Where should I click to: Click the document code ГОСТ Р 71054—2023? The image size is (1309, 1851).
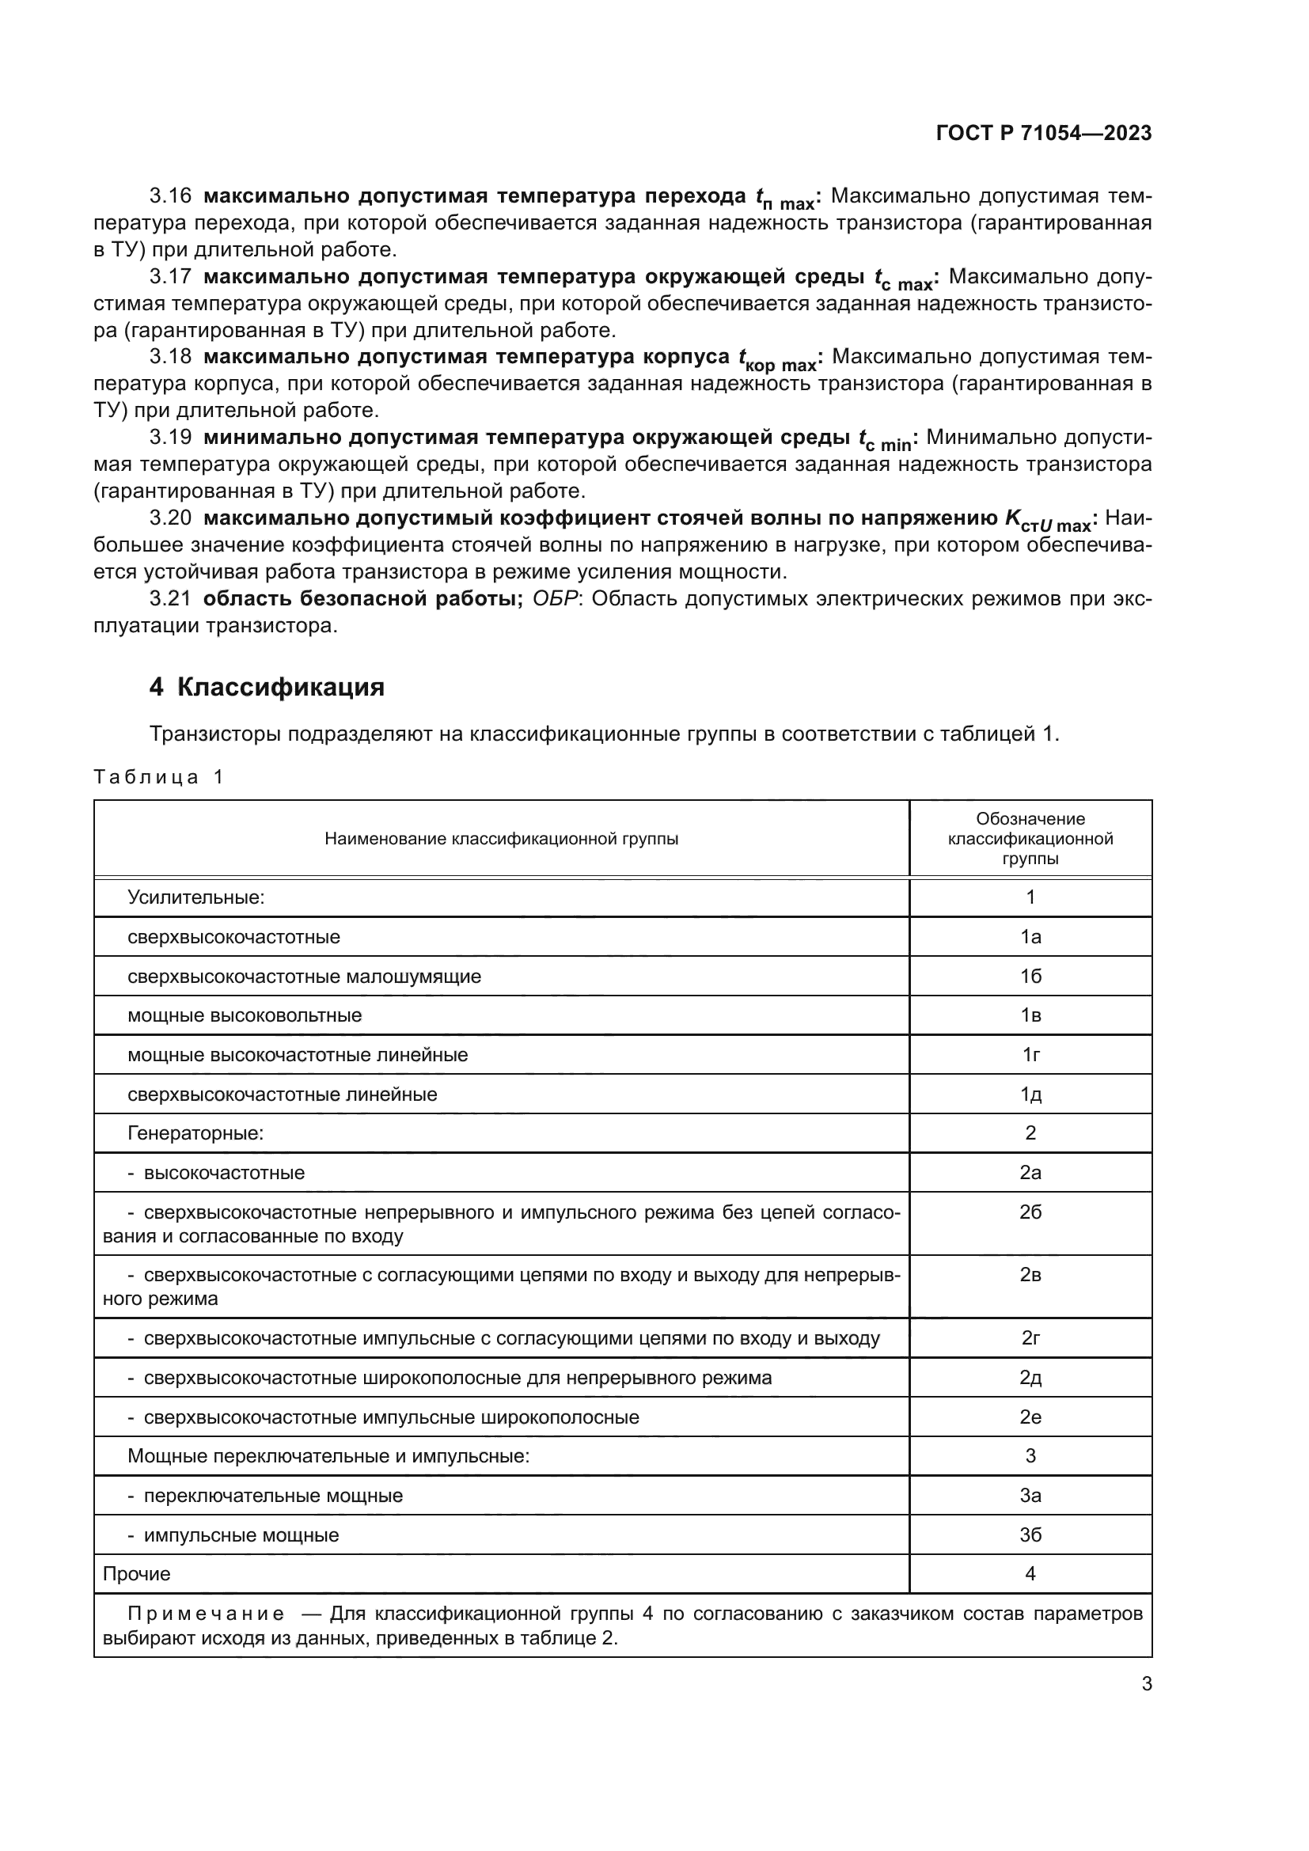click(1044, 133)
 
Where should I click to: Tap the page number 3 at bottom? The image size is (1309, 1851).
click(1146, 1683)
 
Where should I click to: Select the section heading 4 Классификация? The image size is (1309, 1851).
click(267, 687)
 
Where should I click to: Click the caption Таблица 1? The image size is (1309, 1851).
click(158, 777)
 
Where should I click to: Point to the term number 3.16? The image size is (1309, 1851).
click(171, 196)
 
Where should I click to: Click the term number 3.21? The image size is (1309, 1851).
click(171, 599)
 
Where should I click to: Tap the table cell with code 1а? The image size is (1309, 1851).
click(1030, 937)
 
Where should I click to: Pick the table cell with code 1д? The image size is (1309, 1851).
click(1030, 1094)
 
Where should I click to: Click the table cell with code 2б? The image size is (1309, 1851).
click(1030, 1212)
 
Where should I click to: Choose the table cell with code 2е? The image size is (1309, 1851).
click(1030, 1417)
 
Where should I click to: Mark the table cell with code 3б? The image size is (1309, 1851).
click(1030, 1535)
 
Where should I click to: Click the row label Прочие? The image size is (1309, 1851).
click(137, 1574)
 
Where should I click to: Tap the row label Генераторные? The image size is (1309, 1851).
click(195, 1132)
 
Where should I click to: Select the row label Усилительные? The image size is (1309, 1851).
click(195, 897)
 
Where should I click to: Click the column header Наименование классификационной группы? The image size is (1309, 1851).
click(501, 839)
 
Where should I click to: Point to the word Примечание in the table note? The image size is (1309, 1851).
click(206, 1614)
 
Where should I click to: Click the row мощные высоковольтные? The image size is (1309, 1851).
click(245, 1016)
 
